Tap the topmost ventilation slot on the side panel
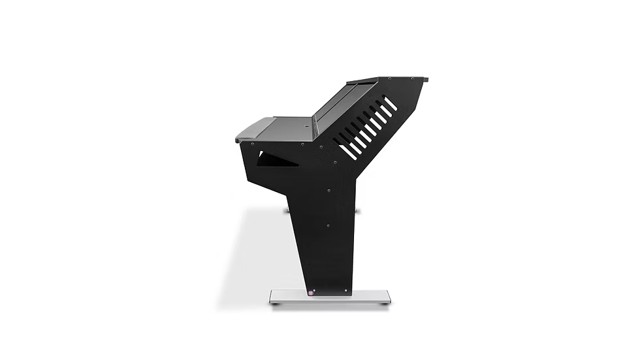[390, 103]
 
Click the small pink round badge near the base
[311, 293]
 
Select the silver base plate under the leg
[330, 297]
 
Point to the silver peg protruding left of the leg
[287, 211]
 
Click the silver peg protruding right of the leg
[357, 211]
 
